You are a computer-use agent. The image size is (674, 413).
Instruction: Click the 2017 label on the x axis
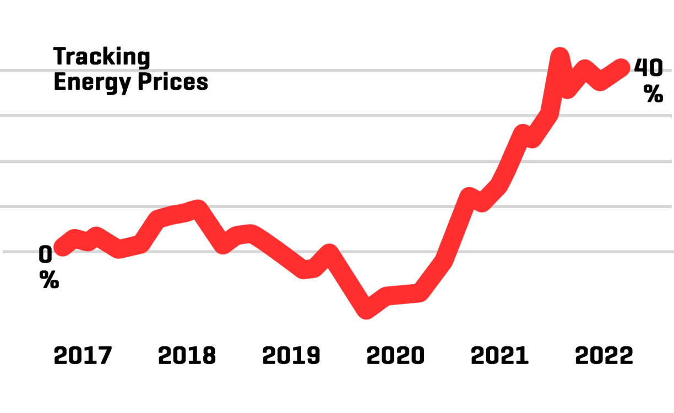pyautogui.click(x=83, y=356)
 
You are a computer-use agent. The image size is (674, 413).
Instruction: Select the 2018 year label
pyautogui.click(x=187, y=356)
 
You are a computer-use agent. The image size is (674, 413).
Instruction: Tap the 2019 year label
pyautogui.click(x=291, y=356)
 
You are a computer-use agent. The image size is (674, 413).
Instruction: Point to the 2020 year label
pyautogui.click(x=395, y=356)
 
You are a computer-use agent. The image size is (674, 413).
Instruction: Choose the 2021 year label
pyautogui.click(x=499, y=356)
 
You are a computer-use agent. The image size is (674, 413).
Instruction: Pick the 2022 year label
pyautogui.click(x=604, y=356)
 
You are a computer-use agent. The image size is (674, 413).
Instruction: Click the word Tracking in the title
pyautogui.click(x=101, y=57)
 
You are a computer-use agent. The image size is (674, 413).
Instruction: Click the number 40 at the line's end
pyautogui.click(x=649, y=67)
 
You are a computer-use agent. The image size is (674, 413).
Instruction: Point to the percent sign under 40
pyautogui.click(x=653, y=95)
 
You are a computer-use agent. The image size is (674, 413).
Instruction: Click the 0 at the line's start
pyautogui.click(x=45, y=254)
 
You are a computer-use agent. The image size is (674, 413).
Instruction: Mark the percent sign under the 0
pyautogui.click(x=49, y=281)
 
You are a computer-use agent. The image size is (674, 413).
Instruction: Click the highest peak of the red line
pyautogui.click(x=559, y=55)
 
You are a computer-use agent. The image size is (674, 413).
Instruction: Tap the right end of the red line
pyautogui.click(x=623, y=67)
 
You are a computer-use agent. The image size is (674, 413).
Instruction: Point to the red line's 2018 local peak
pyautogui.click(x=198, y=209)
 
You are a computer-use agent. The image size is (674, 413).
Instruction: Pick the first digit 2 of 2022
pyautogui.click(x=582, y=356)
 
